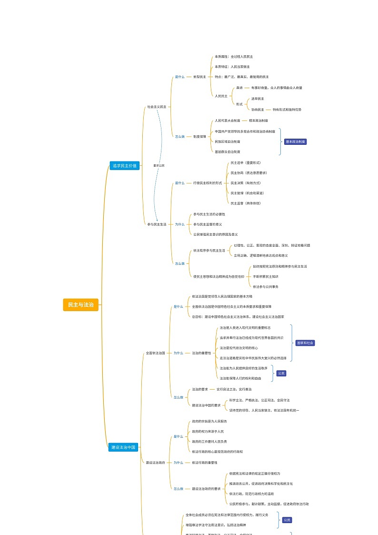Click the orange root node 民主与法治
click(x=80, y=304)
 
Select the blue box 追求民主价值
click(x=124, y=166)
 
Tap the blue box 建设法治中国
click(x=123, y=447)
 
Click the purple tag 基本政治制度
click(x=295, y=141)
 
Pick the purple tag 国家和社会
click(x=305, y=343)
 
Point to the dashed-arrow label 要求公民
click(x=159, y=165)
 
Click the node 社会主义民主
click(x=157, y=107)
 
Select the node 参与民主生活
click(x=157, y=224)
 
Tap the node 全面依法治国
click(x=155, y=353)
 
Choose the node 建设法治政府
click(x=155, y=463)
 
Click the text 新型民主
click(x=199, y=77)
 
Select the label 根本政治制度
click(x=261, y=121)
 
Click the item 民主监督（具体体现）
click(x=246, y=203)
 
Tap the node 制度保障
click(x=199, y=136)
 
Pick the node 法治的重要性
click(x=201, y=353)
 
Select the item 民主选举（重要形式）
click(x=246, y=162)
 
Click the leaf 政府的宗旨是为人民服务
click(x=209, y=421)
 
